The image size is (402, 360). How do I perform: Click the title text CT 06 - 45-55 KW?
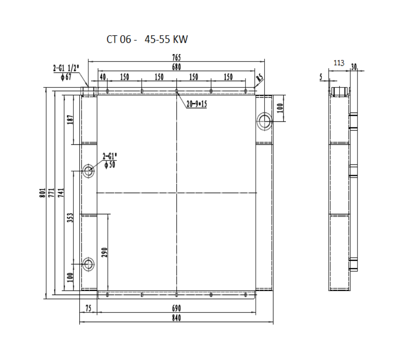(147, 39)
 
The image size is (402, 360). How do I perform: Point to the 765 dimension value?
(176, 57)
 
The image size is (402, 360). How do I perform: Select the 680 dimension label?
(176, 67)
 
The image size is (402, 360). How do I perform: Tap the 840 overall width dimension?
(176, 318)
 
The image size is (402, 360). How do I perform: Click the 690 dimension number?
(176, 308)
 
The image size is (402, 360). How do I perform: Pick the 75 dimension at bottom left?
(88, 308)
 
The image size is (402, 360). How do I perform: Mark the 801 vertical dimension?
(42, 193)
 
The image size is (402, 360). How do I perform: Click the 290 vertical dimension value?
(104, 253)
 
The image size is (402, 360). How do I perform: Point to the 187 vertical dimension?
(70, 120)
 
